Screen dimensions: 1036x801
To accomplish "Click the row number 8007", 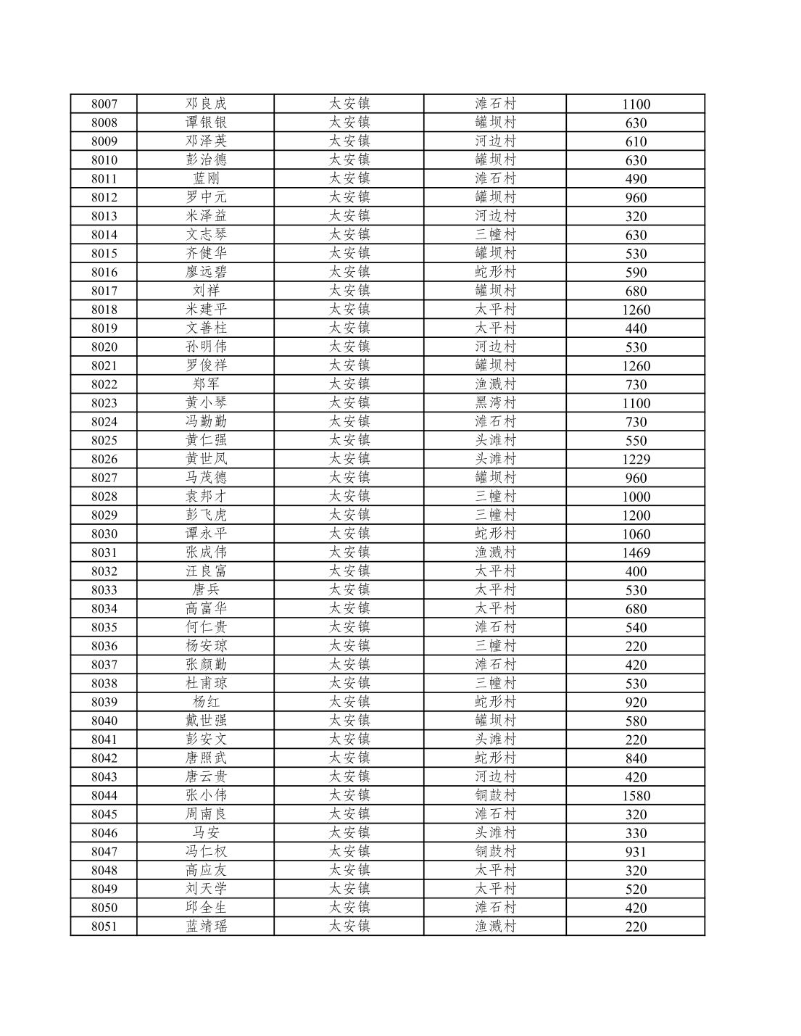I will tap(104, 104).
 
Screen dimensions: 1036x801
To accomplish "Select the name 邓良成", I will tap(206, 104).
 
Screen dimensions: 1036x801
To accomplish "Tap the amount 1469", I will tap(636, 552).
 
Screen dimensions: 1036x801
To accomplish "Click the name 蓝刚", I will tap(206, 178).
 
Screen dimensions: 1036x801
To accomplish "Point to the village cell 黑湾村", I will tap(495, 403).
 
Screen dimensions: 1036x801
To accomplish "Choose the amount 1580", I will tap(636, 795).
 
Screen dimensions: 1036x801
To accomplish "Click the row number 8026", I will tap(104, 459).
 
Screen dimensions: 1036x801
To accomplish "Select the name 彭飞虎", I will tap(206, 515).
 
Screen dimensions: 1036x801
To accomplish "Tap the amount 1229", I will tap(636, 459).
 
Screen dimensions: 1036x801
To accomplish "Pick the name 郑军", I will tap(206, 384).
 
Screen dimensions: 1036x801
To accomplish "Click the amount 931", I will tap(636, 852).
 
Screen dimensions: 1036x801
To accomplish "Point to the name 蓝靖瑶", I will tap(206, 927).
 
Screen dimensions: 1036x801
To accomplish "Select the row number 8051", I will tap(104, 927).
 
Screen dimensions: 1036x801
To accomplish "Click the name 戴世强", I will tap(206, 721).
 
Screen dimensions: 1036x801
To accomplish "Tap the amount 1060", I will tap(636, 534).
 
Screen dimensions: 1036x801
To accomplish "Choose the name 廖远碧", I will tap(206, 272).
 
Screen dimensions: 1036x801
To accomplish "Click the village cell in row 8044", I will tap(495, 795).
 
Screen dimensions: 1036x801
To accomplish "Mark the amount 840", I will tap(636, 758).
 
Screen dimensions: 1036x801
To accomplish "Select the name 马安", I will tap(206, 833).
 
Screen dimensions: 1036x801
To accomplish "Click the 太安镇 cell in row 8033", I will tap(349, 590).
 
